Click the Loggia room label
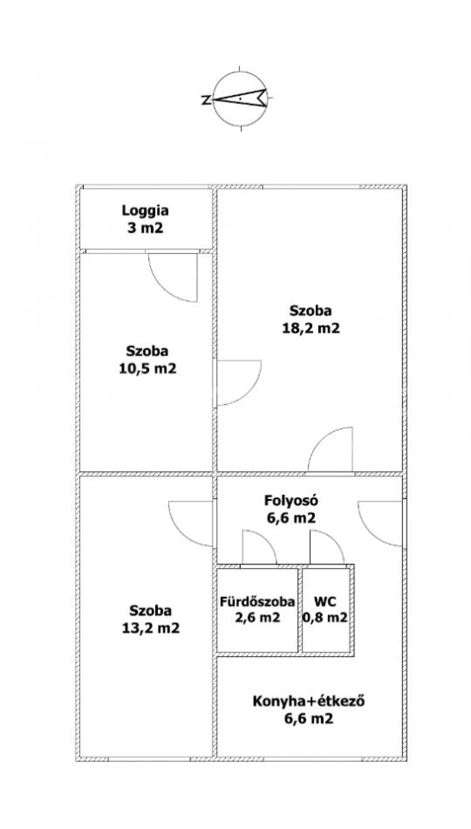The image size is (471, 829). point(145,211)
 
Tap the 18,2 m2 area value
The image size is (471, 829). point(311,328)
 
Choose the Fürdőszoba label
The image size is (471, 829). point(257,602)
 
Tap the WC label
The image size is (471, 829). point(325,602)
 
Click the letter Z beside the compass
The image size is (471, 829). point(206,100)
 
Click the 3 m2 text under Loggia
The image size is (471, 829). point(145,228)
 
